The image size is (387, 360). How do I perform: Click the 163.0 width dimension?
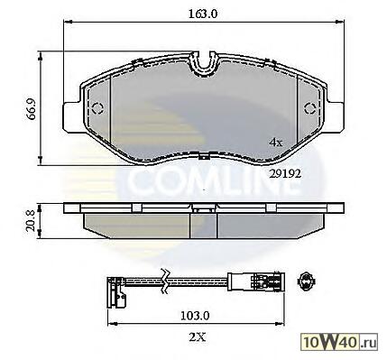coord(203,14)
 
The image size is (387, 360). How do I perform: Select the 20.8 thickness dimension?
coord(31,221)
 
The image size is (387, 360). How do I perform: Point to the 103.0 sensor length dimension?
coord(195,316)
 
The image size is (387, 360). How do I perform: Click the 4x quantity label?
coord(276,143)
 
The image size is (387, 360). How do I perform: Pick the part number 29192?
coord(285,173)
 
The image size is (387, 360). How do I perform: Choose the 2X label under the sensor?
coord(198,337)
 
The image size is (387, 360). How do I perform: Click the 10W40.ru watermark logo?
coord(340,342)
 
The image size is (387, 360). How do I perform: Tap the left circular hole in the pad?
coord(97,108)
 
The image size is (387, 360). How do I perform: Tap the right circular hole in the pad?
coord(310,108)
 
